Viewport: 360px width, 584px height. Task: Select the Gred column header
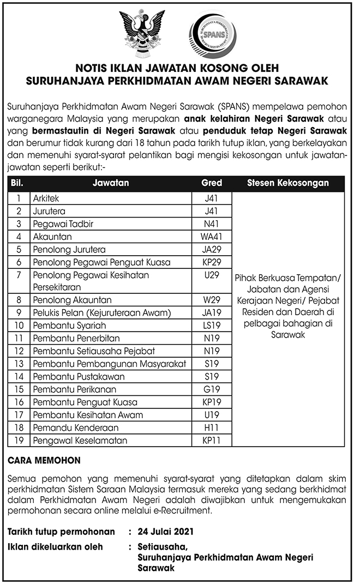click(212, 183)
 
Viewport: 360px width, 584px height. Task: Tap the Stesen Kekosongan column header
click(287, 183)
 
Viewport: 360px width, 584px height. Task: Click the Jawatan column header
click(111, 183)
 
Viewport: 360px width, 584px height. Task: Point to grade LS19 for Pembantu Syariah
click(212, 326)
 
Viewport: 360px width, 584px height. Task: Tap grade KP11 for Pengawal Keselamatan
click(212, 440)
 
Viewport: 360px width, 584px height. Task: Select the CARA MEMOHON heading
click(44, 460)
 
